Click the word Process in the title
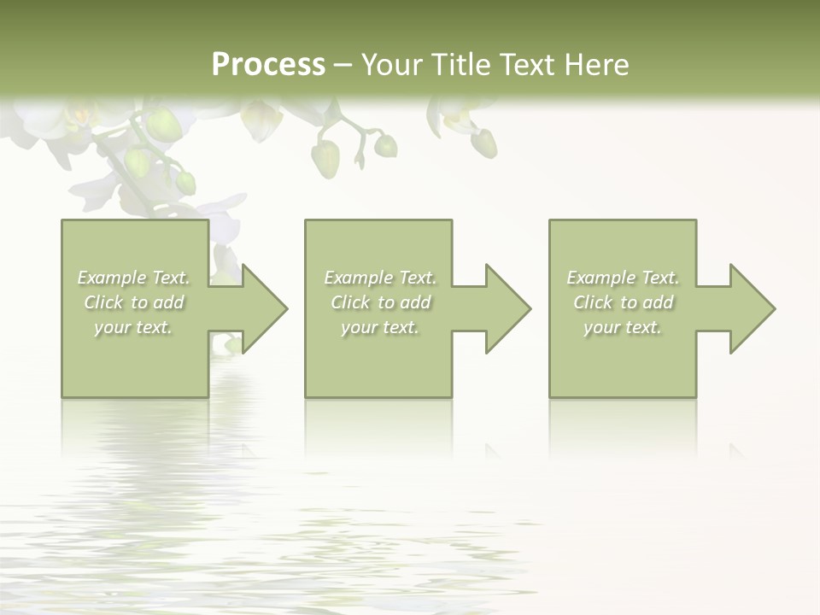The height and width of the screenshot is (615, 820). coord(268,65)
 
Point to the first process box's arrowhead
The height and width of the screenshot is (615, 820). coord(260,308)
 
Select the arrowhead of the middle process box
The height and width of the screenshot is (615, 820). coord(503,308)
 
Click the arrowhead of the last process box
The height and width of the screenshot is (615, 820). coord(747,308)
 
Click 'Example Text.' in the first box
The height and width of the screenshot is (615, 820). coord(134,278)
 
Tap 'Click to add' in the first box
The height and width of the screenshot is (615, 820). coord(134,302)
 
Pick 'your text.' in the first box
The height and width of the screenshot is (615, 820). coord(134,327)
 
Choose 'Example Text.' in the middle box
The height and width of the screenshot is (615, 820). coord(379,278)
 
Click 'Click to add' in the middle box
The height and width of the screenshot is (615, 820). coord(379,302)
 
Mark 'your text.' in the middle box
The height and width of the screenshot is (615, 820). coord(379,327)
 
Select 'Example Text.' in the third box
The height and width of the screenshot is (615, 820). coord(623,278)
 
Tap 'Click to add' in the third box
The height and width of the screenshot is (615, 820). coord(623,302)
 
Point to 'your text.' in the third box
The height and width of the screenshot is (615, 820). coord(623,327)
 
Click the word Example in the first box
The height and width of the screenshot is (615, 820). coord(111,278)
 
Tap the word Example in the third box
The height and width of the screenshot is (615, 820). coord(600,278)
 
